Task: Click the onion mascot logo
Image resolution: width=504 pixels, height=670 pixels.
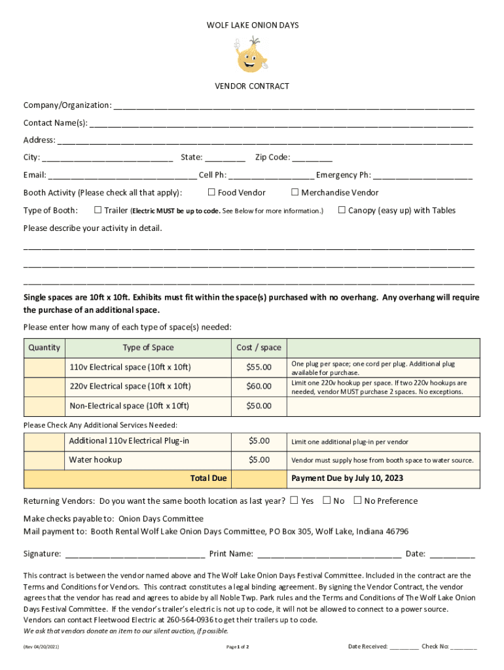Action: coord(251,55)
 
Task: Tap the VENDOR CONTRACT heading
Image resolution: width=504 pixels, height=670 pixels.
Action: coord(252,86)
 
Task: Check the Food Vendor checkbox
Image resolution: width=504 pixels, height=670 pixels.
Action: coord(211,192)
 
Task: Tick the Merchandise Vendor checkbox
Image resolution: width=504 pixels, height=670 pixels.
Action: coord(295,192)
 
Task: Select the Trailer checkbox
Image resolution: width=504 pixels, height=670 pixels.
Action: coord(98,210)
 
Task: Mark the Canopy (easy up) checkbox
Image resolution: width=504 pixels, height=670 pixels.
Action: coord(342,210)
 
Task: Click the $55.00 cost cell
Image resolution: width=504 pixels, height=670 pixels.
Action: coord(259,367)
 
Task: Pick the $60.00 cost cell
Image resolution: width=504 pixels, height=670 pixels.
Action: coord(259,386)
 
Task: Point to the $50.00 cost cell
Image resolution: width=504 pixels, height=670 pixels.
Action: coord(259,406)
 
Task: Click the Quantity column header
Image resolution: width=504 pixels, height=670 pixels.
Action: coord(45,347)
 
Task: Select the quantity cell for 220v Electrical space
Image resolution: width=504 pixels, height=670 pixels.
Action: coord(45,386)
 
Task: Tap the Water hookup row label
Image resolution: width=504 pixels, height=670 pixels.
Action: coord(96,460)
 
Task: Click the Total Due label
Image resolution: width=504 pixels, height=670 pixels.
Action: coord(208,478)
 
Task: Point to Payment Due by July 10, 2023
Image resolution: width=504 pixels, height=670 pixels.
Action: coord(347,478)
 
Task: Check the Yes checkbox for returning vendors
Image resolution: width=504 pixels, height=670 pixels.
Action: coord(294,501)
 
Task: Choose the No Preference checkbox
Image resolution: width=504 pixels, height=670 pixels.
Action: coord(357,501)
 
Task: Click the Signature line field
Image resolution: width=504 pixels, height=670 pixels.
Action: coord(135,554)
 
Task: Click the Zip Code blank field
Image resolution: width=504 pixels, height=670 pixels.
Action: coord(312,158)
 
